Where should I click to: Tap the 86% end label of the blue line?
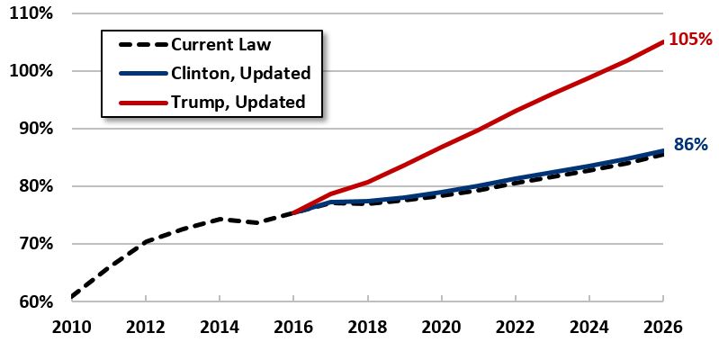point(691,144)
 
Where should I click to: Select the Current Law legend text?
point(222,44)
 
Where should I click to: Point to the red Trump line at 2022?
point(516,111)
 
